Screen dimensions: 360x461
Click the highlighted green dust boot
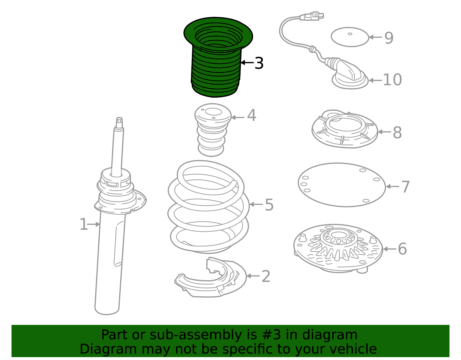(x=216, y=66)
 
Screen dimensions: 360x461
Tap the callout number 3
(x=259, y=63)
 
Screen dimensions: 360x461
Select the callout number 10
(x=392, y=80)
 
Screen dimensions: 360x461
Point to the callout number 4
(x=252, y=116)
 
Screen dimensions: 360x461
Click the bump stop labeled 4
(x=212, y=130)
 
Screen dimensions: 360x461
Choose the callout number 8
(x=397, y=133)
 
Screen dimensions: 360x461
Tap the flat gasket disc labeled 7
(x=341, y=185)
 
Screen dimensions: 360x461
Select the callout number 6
(x=402, y=249)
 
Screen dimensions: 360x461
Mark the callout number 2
(x=266, y=276)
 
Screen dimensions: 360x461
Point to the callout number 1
(x=83, y=224)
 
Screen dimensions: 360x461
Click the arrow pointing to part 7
(x=392, y=186)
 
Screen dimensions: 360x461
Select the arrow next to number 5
(x=256, y=204)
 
